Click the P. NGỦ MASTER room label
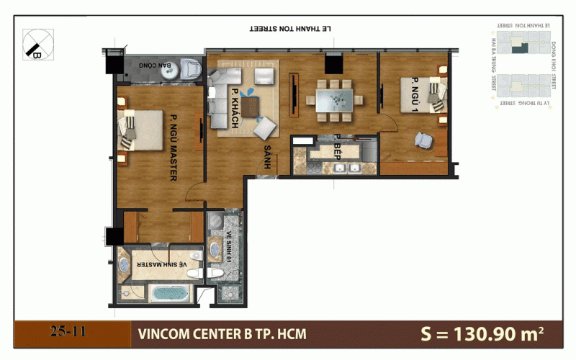174,148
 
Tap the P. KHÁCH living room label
235,109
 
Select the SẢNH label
266,156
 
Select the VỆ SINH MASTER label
163,264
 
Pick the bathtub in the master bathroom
169,294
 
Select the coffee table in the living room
251,107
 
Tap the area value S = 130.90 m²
482,333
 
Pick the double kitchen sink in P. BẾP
347,168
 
